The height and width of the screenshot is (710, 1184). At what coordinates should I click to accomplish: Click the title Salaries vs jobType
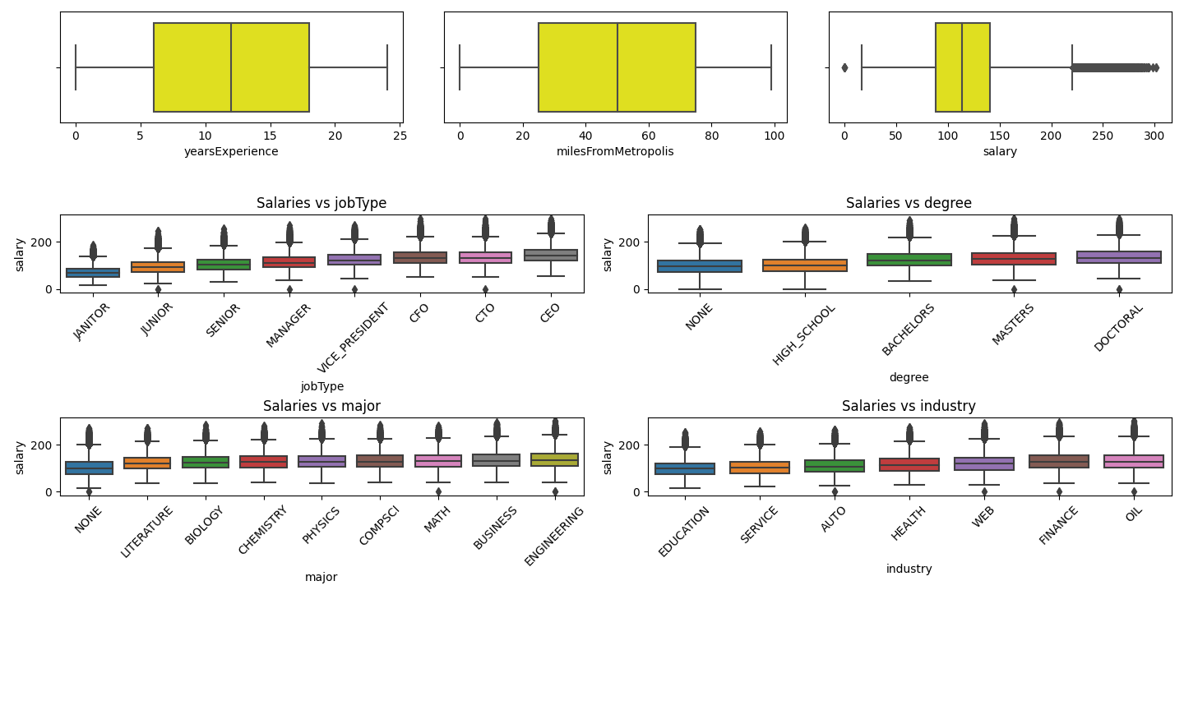(x=321, y=203)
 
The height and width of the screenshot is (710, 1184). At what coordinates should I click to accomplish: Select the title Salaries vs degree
(x=909, y=203)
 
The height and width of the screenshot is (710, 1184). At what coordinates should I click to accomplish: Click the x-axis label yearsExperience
(x=231, y=151)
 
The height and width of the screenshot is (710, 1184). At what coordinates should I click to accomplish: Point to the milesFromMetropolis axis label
(x=615, y=151)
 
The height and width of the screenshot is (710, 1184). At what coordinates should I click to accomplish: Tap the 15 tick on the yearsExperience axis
(x=270, y=136)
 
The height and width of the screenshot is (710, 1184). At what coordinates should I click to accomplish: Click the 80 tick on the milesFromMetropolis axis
(x=711, y=136)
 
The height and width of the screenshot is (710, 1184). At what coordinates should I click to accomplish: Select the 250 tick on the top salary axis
(x=1103, y=136)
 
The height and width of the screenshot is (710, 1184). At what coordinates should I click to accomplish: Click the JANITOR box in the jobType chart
(x=93, y=273)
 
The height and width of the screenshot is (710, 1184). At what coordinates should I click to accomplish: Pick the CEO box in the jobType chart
(x=551, y=255)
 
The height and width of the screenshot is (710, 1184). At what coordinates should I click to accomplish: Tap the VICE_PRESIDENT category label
(x=353, y=338)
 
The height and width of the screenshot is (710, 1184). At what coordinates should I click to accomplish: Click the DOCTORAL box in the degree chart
(x=1119, y=257)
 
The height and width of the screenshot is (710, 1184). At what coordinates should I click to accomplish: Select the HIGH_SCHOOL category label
(x=804, y=335)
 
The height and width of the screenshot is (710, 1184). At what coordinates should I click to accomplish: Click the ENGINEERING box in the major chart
(x=555, y=459)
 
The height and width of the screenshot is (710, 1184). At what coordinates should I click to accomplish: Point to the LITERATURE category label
(x=147, y=532)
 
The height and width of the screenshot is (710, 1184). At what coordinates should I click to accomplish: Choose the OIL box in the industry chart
(x=1134, y=461)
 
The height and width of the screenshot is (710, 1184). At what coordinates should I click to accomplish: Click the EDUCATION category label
(x=683, y=532)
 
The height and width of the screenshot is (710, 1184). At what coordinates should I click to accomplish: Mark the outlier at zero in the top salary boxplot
(x=844, y=67)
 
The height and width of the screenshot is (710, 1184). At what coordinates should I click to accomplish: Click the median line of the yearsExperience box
(x=231, y=67)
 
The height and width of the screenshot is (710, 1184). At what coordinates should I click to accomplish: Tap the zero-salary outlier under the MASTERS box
(x=1014, y=289)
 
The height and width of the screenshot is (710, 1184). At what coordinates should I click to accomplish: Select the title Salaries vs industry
(x=909, y=406)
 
